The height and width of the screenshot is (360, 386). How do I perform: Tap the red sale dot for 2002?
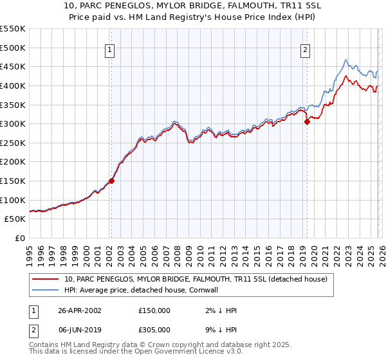(111, 181)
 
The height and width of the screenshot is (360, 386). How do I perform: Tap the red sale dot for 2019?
(307, 122)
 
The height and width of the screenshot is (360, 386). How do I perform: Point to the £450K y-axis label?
(12, 66)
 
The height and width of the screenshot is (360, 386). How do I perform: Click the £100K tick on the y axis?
(12, 200)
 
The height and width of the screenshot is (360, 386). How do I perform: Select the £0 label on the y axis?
(19, 238)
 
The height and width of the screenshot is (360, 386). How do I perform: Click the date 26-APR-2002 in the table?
(79, 310)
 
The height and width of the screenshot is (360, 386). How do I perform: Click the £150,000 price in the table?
(154, 310)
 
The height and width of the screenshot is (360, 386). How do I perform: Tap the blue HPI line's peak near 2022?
(345, 60)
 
